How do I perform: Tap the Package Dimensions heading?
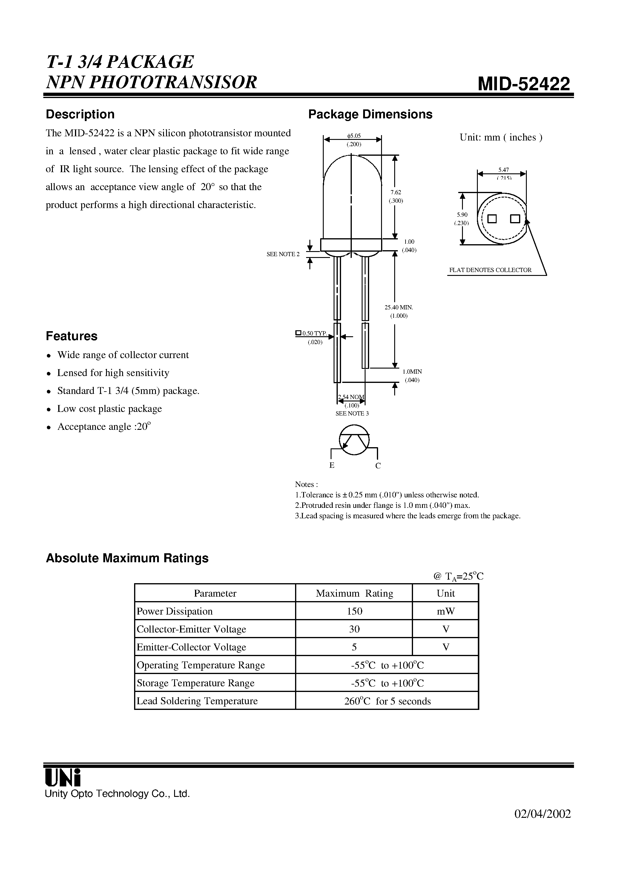[x=370, y=114]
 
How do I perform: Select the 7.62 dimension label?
[x=395, y=192]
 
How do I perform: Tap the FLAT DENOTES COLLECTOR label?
[x=490, y=270]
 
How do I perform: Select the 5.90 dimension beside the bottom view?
[x=462, y=215]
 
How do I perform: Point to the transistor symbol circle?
[x=354, y=440]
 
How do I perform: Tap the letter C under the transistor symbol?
[x=378, y=466]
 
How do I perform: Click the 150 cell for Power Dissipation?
[x=354, y=611]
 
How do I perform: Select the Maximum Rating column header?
[x=354, y=593]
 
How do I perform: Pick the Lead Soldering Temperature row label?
[x=197, y=701]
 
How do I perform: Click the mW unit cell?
[x=446, y=611]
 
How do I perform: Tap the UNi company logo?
[x=63, y=777]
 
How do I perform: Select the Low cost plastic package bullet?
[x=110, y=409]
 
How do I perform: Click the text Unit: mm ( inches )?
[x=501, y=137]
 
